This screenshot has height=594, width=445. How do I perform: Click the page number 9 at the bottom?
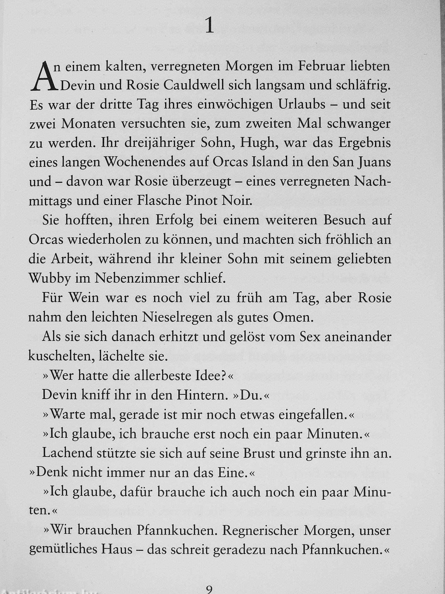(x=209, y=589)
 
